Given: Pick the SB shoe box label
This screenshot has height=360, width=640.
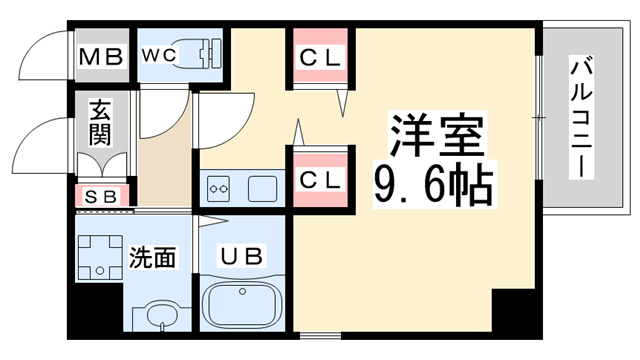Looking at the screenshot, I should click(x=99, y=197).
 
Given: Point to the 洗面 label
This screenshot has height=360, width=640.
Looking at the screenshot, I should click(x=152, y=257).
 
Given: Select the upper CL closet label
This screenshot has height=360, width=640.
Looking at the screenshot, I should click(x=321, y=57).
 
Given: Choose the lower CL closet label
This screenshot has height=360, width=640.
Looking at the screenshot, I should click(x=321, y=180).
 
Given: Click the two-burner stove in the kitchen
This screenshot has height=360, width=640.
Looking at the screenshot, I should click(x=219, y=186).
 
